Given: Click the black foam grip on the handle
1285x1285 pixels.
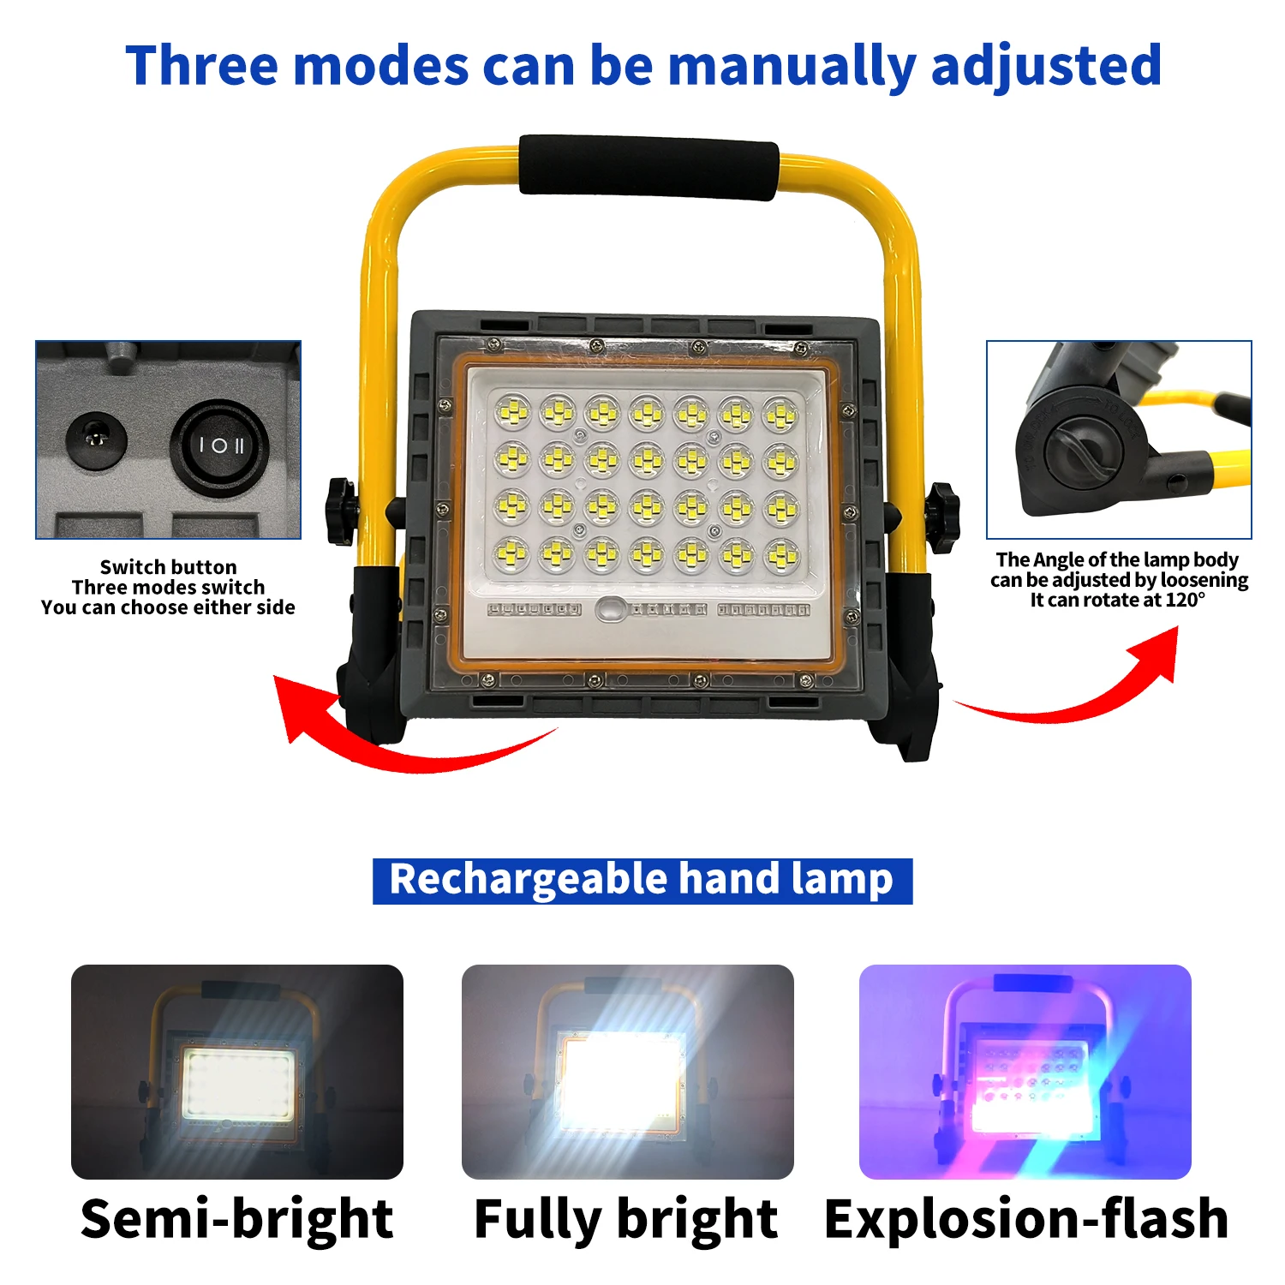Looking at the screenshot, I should click(x=648, y=166).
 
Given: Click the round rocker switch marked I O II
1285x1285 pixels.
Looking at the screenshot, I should click(x=220, y=445).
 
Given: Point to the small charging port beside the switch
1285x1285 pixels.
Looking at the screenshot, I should click(x=97, y=440).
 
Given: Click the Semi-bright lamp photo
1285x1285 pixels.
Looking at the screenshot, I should click(x=236, y=1072).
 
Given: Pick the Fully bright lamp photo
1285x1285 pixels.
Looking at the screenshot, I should click(x=627, y=1072).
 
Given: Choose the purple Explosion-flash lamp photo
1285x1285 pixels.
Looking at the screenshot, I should click(x=1025, y=1072).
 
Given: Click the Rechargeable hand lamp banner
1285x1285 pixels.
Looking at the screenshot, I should click(x=642, y=881).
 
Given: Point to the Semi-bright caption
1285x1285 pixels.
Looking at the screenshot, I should click(x=236, y=1219).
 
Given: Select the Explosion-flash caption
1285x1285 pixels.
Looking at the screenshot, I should click(x=1025, y=1219).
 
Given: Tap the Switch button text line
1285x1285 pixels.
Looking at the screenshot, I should click(x=168, y=567).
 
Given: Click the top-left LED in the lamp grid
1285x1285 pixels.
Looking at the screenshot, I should click(x=512, y=415).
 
